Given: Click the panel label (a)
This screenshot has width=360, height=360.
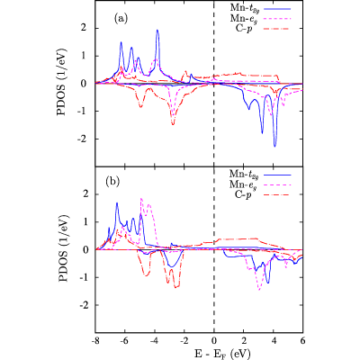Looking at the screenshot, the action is coord(121,19).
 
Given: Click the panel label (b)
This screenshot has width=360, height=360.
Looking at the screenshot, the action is coord(112,182).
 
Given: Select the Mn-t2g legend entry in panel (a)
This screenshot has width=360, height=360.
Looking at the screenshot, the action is coord(260,8).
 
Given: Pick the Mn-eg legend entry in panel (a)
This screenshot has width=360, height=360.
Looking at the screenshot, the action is coord(260,19).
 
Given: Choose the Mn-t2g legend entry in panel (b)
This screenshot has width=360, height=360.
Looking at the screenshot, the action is coord(260,175).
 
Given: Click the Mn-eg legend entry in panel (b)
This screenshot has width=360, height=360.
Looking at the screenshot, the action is coord(260,184).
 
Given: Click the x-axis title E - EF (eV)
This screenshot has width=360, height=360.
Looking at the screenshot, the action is coord(213,352).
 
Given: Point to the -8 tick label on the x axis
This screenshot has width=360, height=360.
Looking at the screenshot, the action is coord(95,340).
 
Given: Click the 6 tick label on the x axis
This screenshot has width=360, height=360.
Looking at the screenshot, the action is coord(302,340).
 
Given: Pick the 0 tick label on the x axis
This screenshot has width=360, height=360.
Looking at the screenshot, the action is coord(214,340).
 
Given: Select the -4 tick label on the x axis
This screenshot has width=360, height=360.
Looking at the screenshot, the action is coord(154,340).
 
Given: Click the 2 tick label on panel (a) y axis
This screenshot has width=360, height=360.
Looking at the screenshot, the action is coord(87,28).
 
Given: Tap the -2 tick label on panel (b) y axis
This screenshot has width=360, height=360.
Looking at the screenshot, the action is coord(85,305).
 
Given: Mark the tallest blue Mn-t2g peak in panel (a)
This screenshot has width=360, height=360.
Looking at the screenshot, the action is coord(157,30).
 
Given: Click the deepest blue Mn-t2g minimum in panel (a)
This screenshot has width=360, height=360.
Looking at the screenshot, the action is coord(274,146).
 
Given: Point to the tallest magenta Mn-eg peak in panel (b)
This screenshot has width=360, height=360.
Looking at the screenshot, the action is coord(141,198).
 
